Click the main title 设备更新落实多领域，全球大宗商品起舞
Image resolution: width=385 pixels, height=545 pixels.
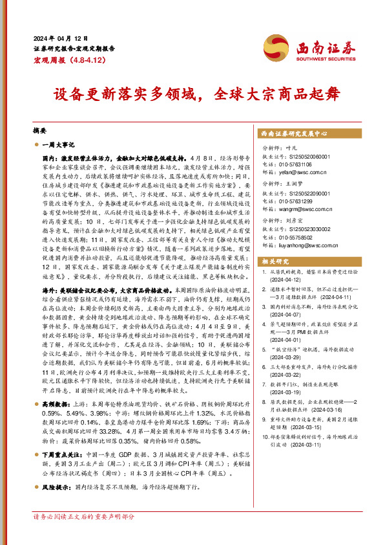(192, 98)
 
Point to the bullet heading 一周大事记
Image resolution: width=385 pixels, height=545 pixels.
(59, 144)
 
